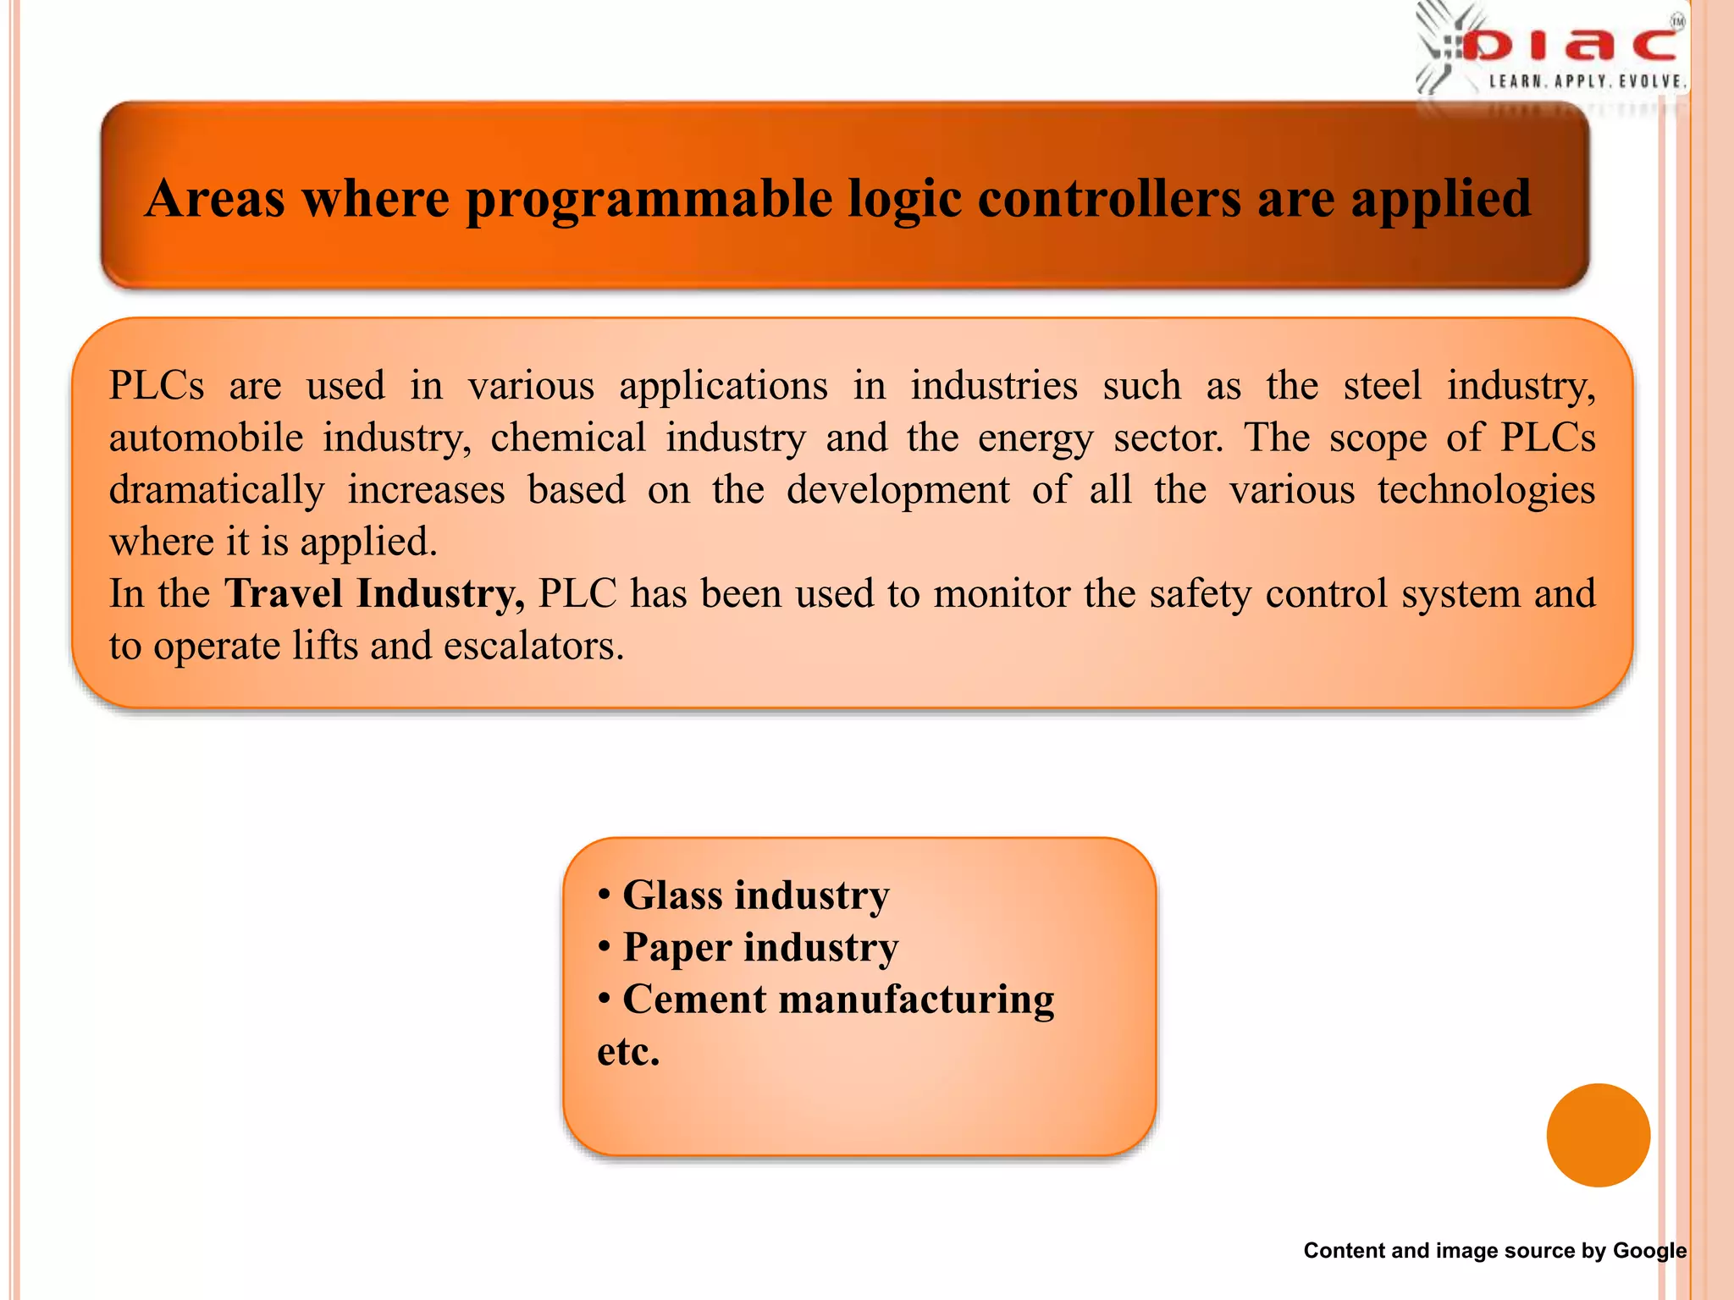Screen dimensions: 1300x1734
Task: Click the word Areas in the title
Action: pos(215,199)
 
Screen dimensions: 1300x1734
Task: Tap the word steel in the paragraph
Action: pos(1382,385)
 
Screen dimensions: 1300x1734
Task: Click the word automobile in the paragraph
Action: pos(206,438)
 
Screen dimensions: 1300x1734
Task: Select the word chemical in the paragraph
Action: pos(567,438)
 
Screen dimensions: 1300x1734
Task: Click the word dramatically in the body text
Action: pos(217,490)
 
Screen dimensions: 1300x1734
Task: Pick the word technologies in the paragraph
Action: pos(1486,490)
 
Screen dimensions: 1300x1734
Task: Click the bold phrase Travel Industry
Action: pos(374,593)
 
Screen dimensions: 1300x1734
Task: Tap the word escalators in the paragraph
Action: pos(533,646)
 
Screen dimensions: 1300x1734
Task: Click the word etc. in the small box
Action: pos(627,1052)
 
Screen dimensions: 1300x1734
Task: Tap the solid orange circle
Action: pos(1598,1135)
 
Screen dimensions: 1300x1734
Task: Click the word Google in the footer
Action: pos(1648,1250)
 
